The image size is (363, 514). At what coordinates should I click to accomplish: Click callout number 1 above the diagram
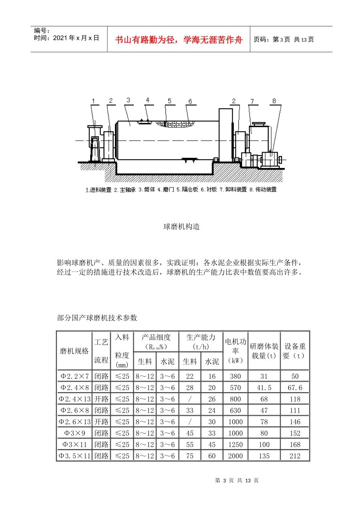click(94, 101)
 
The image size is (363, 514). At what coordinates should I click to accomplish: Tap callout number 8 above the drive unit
click(274, 101)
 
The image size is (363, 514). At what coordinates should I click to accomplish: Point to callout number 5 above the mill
click(170, 101)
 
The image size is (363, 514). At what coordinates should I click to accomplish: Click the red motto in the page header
click(179, 40)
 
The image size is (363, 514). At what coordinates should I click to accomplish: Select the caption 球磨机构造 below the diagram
click(181, 227)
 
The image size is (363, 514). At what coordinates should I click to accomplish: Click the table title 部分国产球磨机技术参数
click(97, 318)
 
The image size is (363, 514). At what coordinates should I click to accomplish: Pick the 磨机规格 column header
click(74, 351)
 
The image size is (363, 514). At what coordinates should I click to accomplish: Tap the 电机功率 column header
click(235, 351)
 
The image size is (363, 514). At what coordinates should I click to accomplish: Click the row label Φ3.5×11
click(74, 456)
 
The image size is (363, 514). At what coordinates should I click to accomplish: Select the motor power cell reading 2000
click(235, 456)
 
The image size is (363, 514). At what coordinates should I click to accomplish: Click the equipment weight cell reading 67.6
click(295, 388)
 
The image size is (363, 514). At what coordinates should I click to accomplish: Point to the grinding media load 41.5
click(264, 388)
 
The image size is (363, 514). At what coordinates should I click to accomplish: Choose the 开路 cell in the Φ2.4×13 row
click(101, 399)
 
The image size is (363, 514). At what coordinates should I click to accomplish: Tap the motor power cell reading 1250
click(235, 445)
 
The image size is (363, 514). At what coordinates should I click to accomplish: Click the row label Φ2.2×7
click(74, 376)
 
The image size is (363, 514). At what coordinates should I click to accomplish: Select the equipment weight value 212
click(295, 456)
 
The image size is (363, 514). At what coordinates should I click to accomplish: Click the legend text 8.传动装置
click(263, 190)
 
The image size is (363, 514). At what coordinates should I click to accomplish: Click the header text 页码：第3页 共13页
click(284, 40)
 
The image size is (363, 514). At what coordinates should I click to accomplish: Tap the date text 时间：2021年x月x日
click(66, 38)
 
